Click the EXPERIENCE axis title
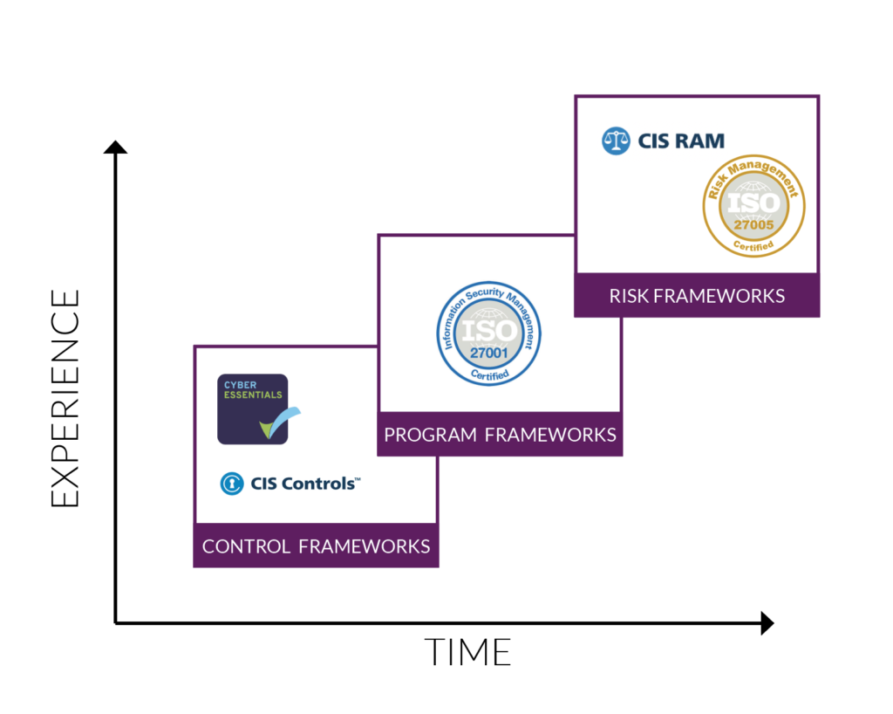tap(65, 397)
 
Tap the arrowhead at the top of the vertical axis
tap(115, 146)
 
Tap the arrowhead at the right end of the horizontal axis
tap(767, 622)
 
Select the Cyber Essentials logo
tap(253, 408)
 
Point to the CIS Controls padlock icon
tap(231, 483)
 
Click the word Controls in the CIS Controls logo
tap(320, 483)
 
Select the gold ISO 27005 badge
tap(753, 206)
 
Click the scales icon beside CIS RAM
tap(616, 141)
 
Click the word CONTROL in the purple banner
tap(246, 546)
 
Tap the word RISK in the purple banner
tap(628, 295)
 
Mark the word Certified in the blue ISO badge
tap(488, 374)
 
